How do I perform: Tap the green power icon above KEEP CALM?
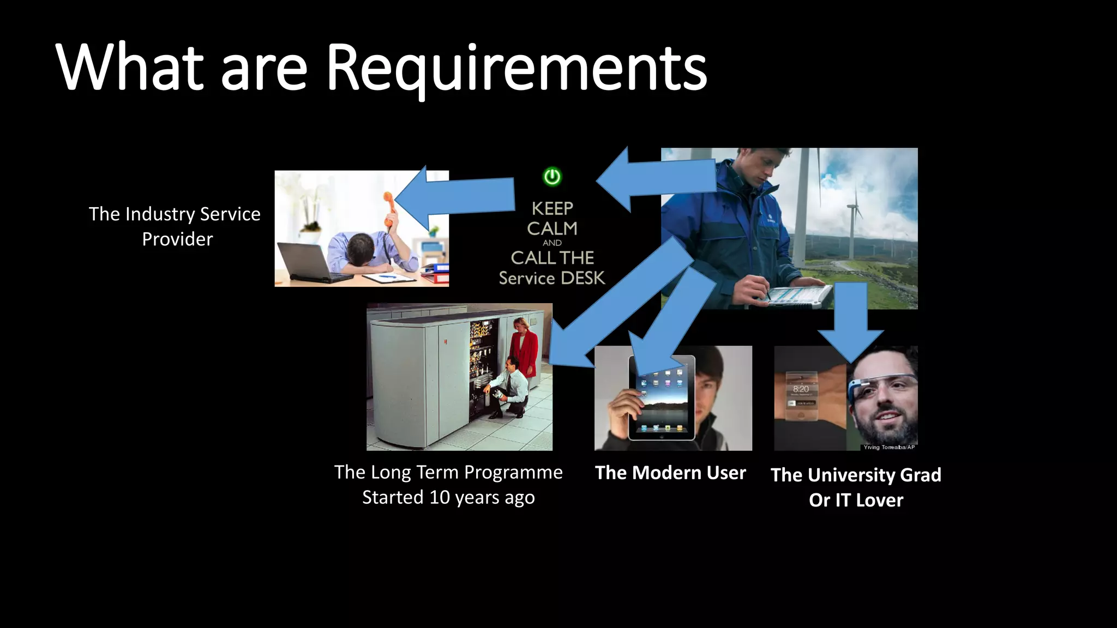tap(552, 177)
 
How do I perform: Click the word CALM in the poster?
tap(552, 228)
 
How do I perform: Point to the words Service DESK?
tap(552, 278)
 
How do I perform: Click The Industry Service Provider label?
tap(175, 226)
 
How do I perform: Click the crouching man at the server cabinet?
tap(510, 387)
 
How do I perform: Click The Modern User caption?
tap(670, 473)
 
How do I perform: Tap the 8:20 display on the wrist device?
tap(801, 389)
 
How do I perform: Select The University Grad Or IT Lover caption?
tap(856, 487)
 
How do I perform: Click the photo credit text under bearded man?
tap(889, 447)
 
